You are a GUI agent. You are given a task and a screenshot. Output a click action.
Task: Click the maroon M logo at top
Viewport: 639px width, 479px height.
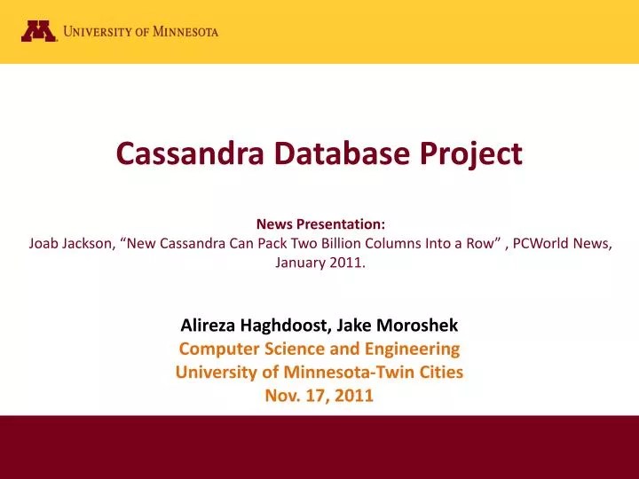pos(39,31)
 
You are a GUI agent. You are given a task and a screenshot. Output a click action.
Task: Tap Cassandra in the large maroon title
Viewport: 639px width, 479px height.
pos(178,154)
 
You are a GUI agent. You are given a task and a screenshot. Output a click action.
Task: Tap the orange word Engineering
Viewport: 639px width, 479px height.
pos(417,349)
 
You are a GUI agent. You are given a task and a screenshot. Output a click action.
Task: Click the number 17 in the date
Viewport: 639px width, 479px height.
pos(312,396)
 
